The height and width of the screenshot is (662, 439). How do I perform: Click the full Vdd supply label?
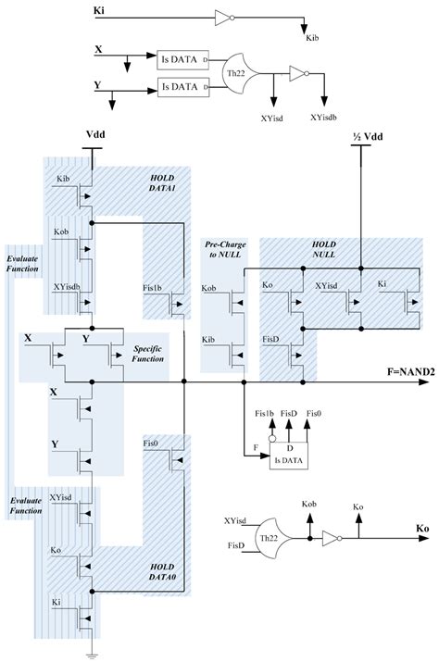tap(95, 133)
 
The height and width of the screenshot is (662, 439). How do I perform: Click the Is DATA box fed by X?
tap(182, 57)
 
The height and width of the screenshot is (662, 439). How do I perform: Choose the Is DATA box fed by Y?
tap(182, 87)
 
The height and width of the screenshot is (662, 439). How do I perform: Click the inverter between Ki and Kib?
tap(222, 16)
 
